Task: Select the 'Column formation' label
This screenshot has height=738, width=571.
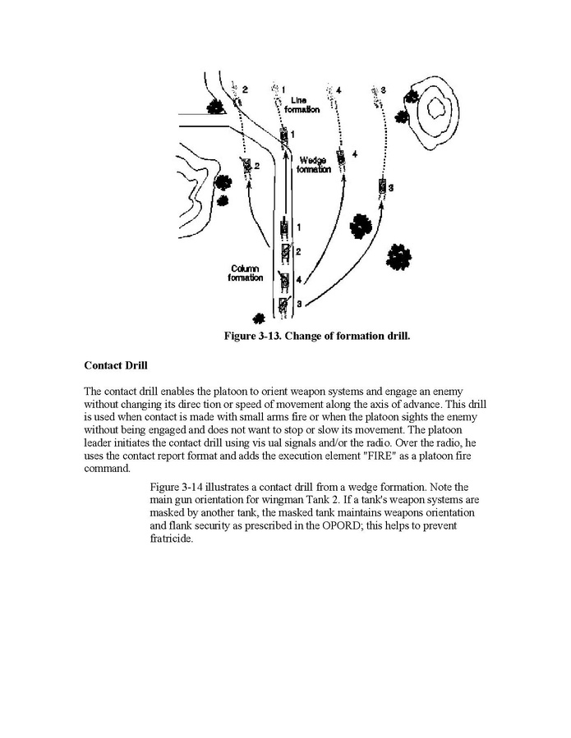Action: tap(246, 273)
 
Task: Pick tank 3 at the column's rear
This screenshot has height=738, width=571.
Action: tap(283, 305)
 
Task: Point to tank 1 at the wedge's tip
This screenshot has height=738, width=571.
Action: tap(284, 135)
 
